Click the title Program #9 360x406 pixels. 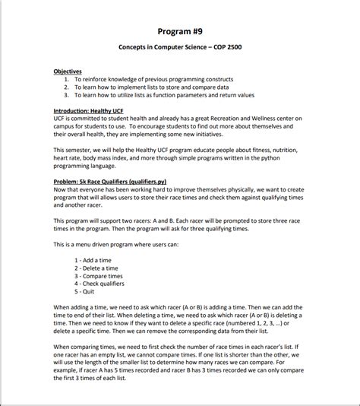(179, 30)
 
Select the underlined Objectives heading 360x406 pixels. (68, 71)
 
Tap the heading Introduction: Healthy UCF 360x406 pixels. (86, 111)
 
